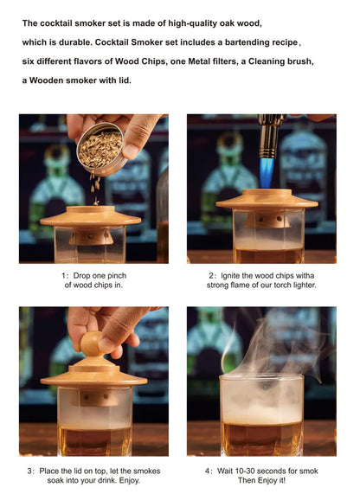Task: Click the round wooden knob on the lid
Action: click(x=91, y=344)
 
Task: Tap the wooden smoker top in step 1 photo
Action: click(x=90, y=216)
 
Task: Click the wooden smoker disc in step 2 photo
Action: click(x=266, y=200)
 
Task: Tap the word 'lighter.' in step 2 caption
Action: click(x=300, y=285)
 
